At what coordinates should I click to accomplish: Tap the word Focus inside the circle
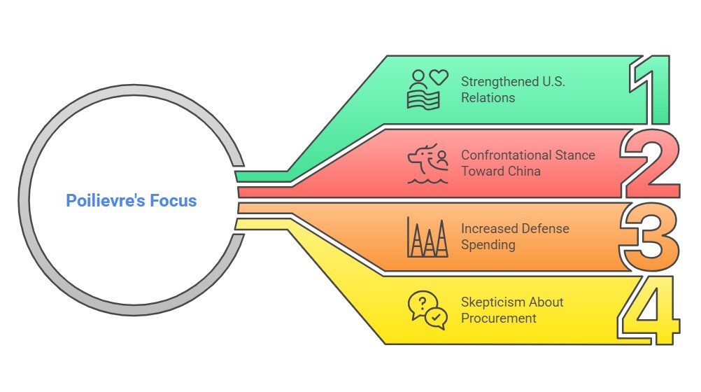coord(174,201)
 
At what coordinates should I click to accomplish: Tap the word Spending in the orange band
coord(488,245)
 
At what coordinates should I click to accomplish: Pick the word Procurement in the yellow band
coord(498,318)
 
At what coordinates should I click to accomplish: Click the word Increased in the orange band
coord(490,229)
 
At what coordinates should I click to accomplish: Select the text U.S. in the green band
coord(553,81)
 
